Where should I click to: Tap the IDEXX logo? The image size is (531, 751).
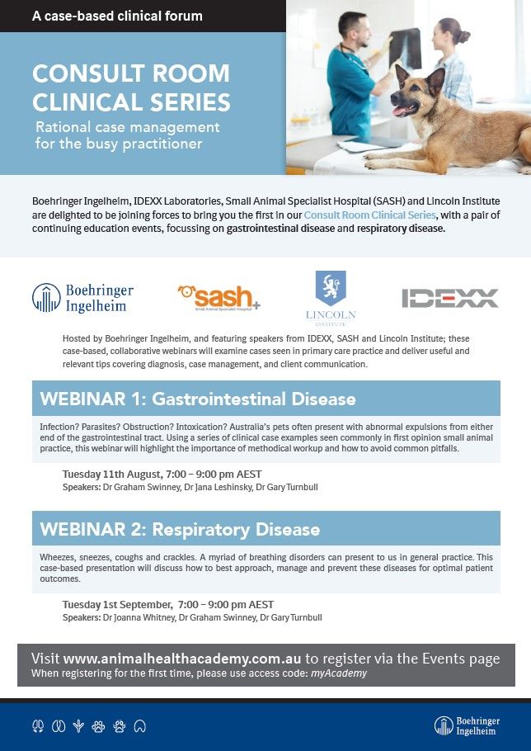point(449,298)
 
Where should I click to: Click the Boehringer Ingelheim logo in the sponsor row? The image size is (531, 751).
point(82,298)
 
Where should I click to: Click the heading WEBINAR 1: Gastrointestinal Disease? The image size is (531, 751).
point(198,399)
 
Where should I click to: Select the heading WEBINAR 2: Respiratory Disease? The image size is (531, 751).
point(180,529)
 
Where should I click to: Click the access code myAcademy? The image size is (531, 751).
point(339,673)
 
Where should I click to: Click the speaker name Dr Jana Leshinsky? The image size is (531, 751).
point(217,488)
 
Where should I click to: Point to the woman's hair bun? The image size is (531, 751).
point(465,36)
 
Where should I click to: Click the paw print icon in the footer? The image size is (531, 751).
point(99,726)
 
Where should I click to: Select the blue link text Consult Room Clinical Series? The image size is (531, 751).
point(369,215)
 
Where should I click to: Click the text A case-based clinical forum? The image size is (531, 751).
point(117,16)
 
